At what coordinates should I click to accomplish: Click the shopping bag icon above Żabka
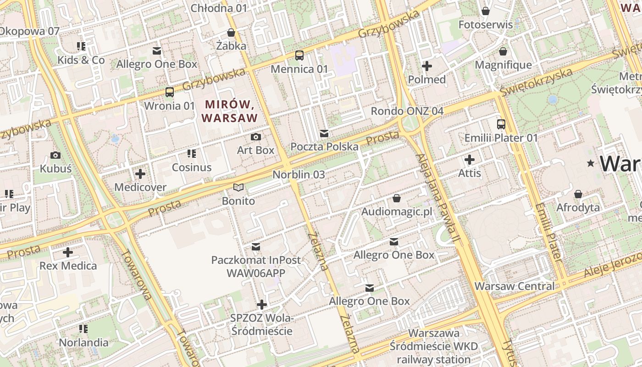point(231,33)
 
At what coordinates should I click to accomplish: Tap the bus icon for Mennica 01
point(299,56)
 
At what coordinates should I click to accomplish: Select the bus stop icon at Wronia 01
point(169,92)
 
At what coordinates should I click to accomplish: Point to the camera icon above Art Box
point(256,137)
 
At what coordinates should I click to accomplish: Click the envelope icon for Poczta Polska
point(324,133)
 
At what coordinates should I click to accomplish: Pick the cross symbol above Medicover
point(140,174)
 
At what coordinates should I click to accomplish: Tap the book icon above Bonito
point(238,187)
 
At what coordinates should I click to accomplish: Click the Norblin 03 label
point(299,174)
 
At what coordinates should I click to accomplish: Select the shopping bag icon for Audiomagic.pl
point(396,198)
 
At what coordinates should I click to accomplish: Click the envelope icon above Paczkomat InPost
point(256,247)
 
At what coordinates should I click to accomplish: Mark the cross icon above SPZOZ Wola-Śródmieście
point(261,304)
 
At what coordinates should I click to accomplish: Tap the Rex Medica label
point(68,266)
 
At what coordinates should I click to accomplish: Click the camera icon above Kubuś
point(55,155)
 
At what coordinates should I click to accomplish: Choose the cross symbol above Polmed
point(426,66)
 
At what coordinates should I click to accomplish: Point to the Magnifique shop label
point(503,65)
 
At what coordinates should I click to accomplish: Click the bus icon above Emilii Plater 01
point(501,124)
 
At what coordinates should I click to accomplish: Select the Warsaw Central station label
point(515,286)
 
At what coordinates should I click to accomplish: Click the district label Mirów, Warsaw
point(229,111)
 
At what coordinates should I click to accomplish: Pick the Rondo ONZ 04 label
point(407,111)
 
